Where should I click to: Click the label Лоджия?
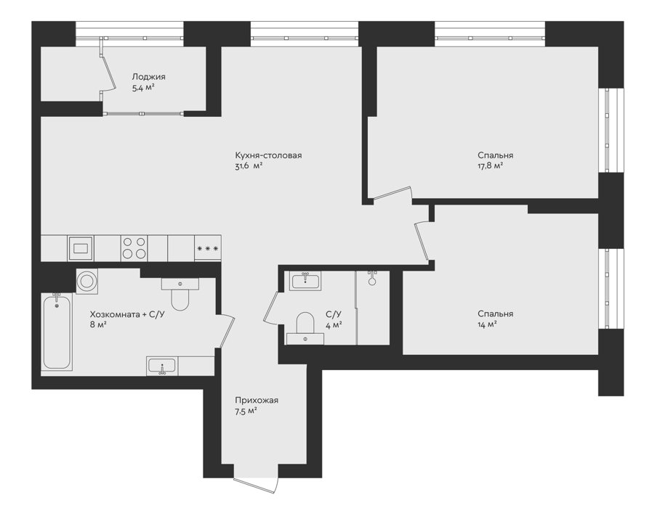point(148,77)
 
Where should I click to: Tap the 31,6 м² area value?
point(249,166)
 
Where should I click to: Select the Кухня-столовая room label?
point(269,155)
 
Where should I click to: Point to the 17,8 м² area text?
point(490,166)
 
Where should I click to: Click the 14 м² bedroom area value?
point(487,325)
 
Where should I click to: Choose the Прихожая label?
point(257,401)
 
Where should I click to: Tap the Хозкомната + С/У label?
point(127,314)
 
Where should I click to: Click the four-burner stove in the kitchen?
point(134,247)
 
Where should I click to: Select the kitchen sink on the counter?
point(81,248)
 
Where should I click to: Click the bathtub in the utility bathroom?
point(57,331)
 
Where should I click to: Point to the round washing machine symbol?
point(87,282)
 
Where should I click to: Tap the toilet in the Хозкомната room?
point(180,294)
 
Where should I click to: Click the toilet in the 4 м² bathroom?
point(305,328)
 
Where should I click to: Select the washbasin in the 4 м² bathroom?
point(305,281)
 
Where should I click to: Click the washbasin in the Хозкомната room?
point(162,366)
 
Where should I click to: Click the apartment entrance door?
point(256,486)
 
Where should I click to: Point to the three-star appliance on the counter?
point(207,248)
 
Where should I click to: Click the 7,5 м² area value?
point(246,411)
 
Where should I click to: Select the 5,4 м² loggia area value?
point(143,88)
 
